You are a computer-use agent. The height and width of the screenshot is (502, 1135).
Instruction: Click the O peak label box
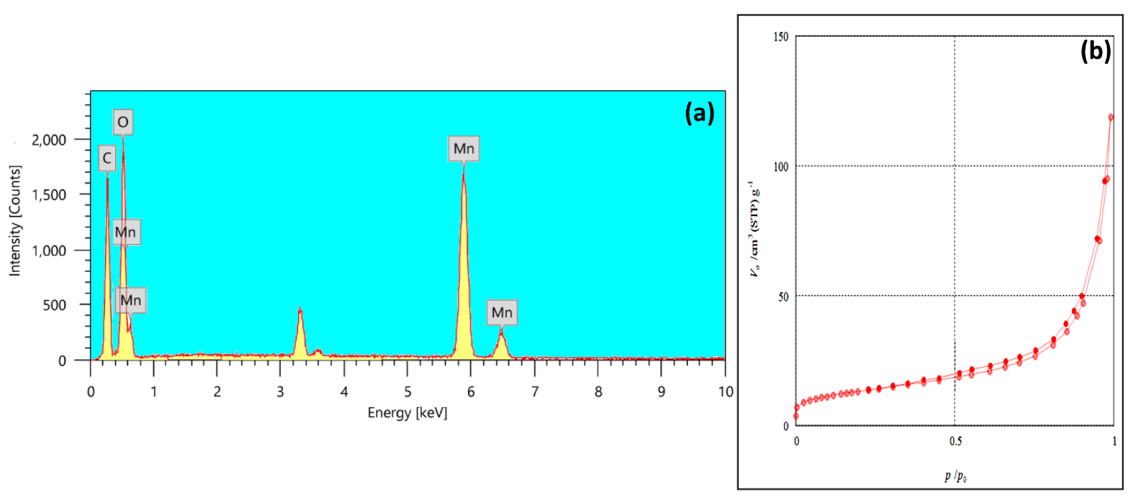pos(123,122)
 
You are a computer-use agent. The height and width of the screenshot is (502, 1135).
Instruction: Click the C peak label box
pos(107,158)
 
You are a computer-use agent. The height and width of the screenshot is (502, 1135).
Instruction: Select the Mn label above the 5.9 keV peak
pos(464,149)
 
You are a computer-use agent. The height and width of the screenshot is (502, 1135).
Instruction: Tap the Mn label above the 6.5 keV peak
pos(502,312)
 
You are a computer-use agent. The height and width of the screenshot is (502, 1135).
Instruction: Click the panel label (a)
pos(699,113)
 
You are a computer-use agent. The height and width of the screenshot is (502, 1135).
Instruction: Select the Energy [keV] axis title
pos(407,413)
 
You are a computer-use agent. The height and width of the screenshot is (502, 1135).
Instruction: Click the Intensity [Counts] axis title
pos(15,221)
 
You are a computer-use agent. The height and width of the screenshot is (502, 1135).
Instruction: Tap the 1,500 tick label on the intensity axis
pos(49,195)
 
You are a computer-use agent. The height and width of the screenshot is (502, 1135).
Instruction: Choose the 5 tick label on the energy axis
pos(408,391)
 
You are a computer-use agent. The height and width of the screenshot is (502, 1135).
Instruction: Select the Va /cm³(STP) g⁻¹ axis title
pos(755,229)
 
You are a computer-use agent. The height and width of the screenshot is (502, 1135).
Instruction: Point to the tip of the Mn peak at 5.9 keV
pos(464,170)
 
